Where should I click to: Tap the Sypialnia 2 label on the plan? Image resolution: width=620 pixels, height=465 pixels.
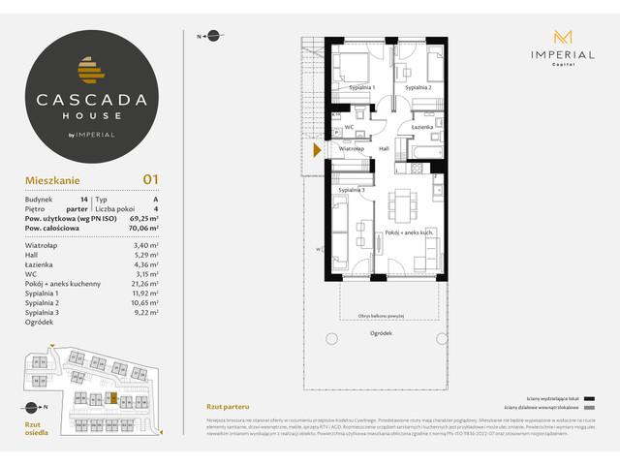[x=418, y=88]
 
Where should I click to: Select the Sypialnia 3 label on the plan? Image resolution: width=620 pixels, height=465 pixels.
[x=352, y=190]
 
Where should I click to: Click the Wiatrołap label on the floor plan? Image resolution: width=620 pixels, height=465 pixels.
[x=351, y=149]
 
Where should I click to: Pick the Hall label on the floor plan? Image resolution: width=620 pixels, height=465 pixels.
[x=384, y=149]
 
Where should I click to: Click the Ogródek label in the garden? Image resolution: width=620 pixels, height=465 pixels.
[x=380, y=333]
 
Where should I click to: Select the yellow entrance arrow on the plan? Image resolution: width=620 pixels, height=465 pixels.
[x=318, y=149]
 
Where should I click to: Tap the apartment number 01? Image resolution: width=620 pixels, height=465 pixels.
[x=150, y=179]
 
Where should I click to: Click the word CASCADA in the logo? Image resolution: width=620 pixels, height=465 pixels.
[x=93, y=98]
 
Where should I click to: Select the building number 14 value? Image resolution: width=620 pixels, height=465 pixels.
[x=85, y=198]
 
